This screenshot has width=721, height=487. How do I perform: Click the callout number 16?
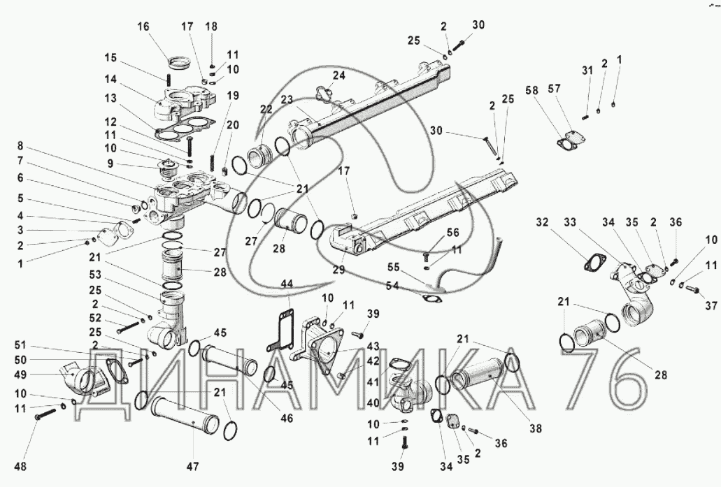[143, 27]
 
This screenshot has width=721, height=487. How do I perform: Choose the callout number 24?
[339, 75]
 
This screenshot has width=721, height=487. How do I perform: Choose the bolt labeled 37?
[694, 289]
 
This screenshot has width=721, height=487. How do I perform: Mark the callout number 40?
[373, 403]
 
